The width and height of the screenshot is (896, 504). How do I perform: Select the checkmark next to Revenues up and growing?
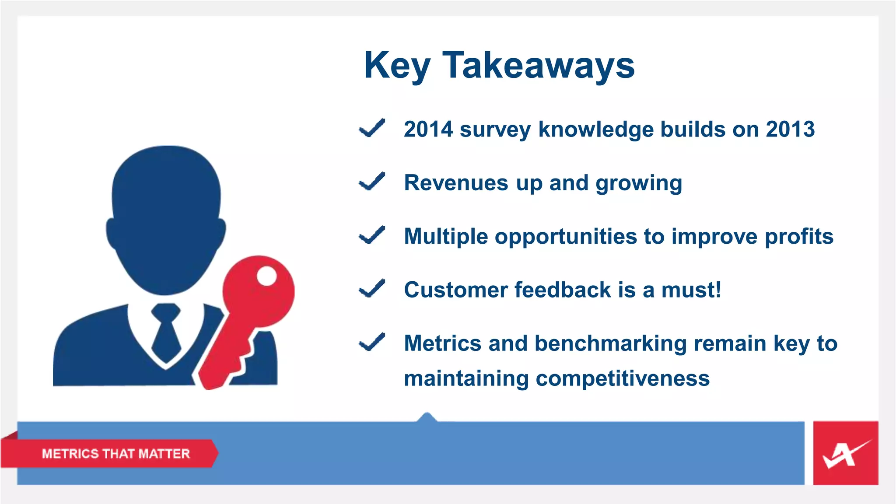click(372, 182)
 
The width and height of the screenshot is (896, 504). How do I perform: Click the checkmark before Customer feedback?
click(372, 289)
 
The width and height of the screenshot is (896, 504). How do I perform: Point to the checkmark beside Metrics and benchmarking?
click(372, 342)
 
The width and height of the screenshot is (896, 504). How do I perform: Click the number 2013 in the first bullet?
click(790, 129)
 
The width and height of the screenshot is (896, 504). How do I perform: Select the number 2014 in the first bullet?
click(428, 129)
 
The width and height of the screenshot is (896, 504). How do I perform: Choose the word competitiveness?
click(622, 378)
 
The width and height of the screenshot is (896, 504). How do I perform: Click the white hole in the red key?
click(266, 276)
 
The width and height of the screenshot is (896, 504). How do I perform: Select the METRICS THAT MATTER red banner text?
click(116, 454)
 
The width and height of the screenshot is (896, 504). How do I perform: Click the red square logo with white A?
click(845, 453)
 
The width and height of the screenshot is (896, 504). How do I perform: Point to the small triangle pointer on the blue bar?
click(427, 417)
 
